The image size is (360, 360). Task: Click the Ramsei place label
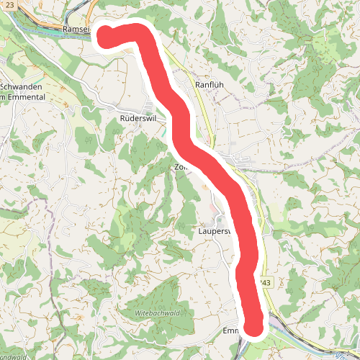coord(76,28)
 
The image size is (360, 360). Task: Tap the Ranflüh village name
coord(210,84)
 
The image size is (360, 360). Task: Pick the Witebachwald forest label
coord(158,314)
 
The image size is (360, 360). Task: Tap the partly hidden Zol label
coord(180,167)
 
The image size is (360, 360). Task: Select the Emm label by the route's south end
coord(230,331)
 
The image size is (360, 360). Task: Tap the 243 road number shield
coord(266,283)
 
